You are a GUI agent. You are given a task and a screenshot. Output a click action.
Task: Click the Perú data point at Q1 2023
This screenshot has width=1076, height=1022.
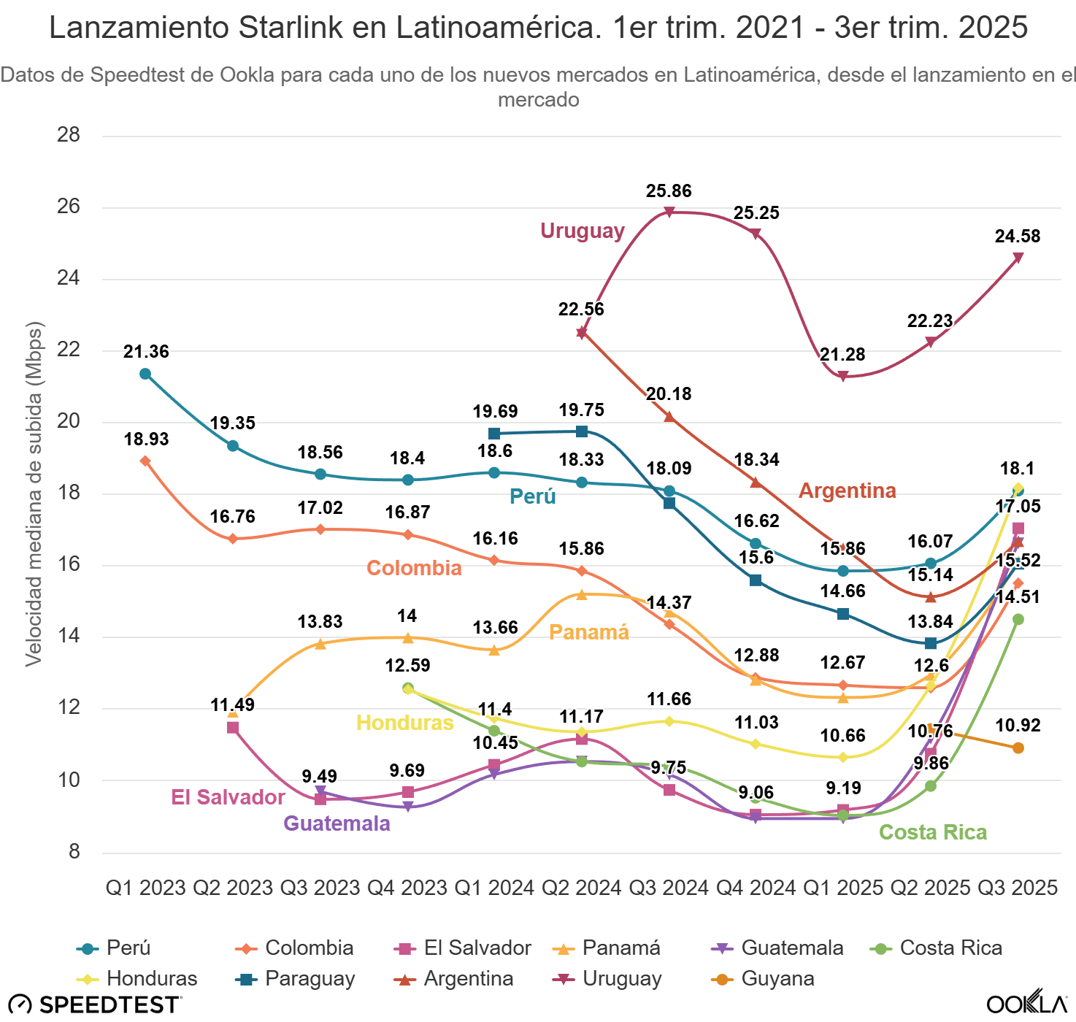coord(145,374)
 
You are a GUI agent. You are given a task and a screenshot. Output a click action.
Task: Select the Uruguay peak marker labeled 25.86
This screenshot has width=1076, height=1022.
coord(669,212)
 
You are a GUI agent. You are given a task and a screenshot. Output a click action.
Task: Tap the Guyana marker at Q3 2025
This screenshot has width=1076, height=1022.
coord(1018,748)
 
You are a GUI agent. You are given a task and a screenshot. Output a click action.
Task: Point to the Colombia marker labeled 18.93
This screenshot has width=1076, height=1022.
coord(145,461)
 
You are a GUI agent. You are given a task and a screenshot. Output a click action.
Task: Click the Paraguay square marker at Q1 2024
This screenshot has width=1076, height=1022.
coord(494,434)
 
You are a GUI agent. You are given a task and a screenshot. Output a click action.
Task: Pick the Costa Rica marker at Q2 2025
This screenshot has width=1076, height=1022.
coord(931,785)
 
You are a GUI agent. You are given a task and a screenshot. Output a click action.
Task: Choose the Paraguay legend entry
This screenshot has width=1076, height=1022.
coord(296,978)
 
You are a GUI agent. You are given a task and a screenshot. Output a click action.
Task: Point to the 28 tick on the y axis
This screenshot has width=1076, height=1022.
coord(69,135)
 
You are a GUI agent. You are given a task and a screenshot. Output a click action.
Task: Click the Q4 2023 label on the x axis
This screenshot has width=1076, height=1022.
coord(407,888)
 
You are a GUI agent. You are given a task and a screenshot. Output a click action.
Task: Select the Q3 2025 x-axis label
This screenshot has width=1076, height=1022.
coord(1018,888)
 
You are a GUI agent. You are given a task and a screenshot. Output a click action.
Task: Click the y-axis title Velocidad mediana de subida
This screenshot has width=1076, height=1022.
coord(34,493)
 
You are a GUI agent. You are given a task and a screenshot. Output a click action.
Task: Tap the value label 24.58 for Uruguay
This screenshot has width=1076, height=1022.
coord(1017,237)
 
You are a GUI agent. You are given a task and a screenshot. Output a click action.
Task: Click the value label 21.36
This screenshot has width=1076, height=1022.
coord(146,352)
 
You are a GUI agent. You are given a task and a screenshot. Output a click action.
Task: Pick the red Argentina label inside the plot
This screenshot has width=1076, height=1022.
coord(847,491)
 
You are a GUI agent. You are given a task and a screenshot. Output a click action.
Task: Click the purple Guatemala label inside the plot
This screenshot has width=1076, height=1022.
coord(337,823)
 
